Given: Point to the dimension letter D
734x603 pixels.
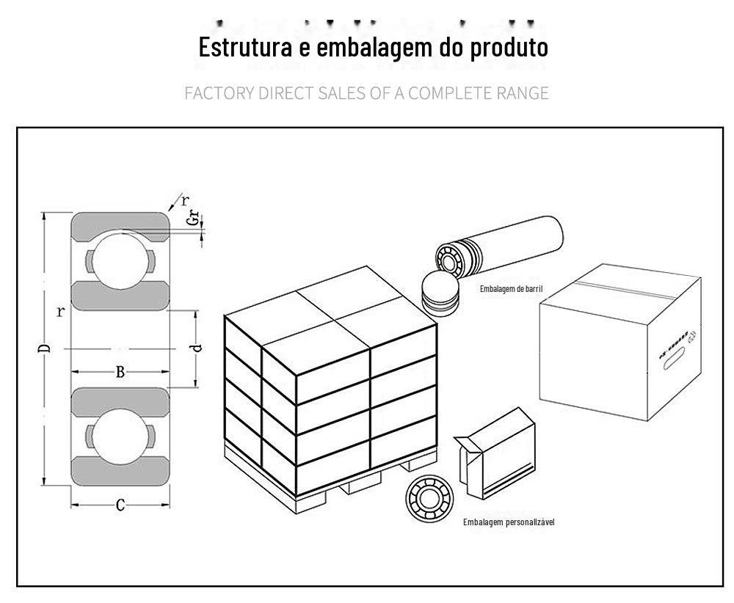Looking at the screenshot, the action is coord(46,348).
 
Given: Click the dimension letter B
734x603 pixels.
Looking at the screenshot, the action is coord(120,373).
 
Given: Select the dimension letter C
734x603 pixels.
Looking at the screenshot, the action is coord(120,505).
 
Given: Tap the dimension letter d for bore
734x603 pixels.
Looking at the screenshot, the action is coord(197,348).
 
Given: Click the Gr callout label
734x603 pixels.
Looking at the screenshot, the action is coord(192,217).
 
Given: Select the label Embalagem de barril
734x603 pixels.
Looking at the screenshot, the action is coord(511,289).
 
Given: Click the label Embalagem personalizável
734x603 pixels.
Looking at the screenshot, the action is coord(508,522).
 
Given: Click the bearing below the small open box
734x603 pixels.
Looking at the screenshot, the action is coord(430,500).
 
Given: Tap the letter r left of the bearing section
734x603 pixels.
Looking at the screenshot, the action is coord(60,311).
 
